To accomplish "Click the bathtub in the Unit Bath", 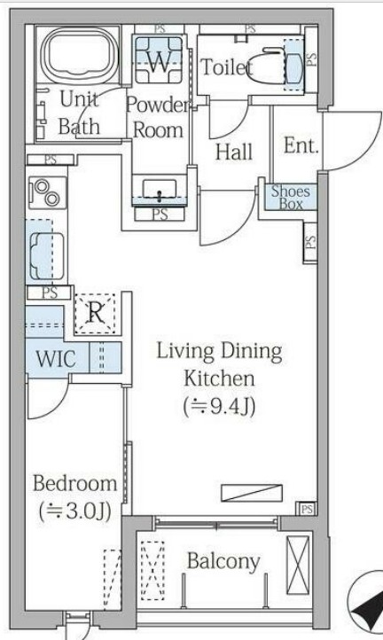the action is pyautogui.click(x=77, y=54).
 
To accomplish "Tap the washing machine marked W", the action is pyautogui.click(x=158, y=60).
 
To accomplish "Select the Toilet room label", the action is pyautogui.click(x=226, y=67).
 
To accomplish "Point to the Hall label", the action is pyautogui.click(x=233, y=152).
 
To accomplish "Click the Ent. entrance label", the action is pyautogui.click(x=301, y=145).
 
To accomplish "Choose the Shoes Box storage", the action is pyautogui.click(x=291, y=197).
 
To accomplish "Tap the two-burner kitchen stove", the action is pyautogui.click(x=47, y=192).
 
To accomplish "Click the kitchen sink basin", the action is pyautogui.click(x=47, y=256).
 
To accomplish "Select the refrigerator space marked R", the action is pyautogui.click(x=96, y=313).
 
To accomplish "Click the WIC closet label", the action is pyautogui.click(x=56, y=358).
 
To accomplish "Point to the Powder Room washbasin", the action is pyautogui.click(x=160, y=191).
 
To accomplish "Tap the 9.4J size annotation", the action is pyautogui.click(x=219, y=407).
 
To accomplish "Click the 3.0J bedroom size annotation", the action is pyautogui.click(x=75, y=511).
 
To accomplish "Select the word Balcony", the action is pyautogui.click(x=223, y=562).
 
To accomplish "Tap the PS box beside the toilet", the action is pyautogui.click(x=311, y=59).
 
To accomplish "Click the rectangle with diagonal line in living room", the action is pyautogui.click(x=252, y=493).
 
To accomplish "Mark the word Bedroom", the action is pyautogui.click(x=74, y=483).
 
